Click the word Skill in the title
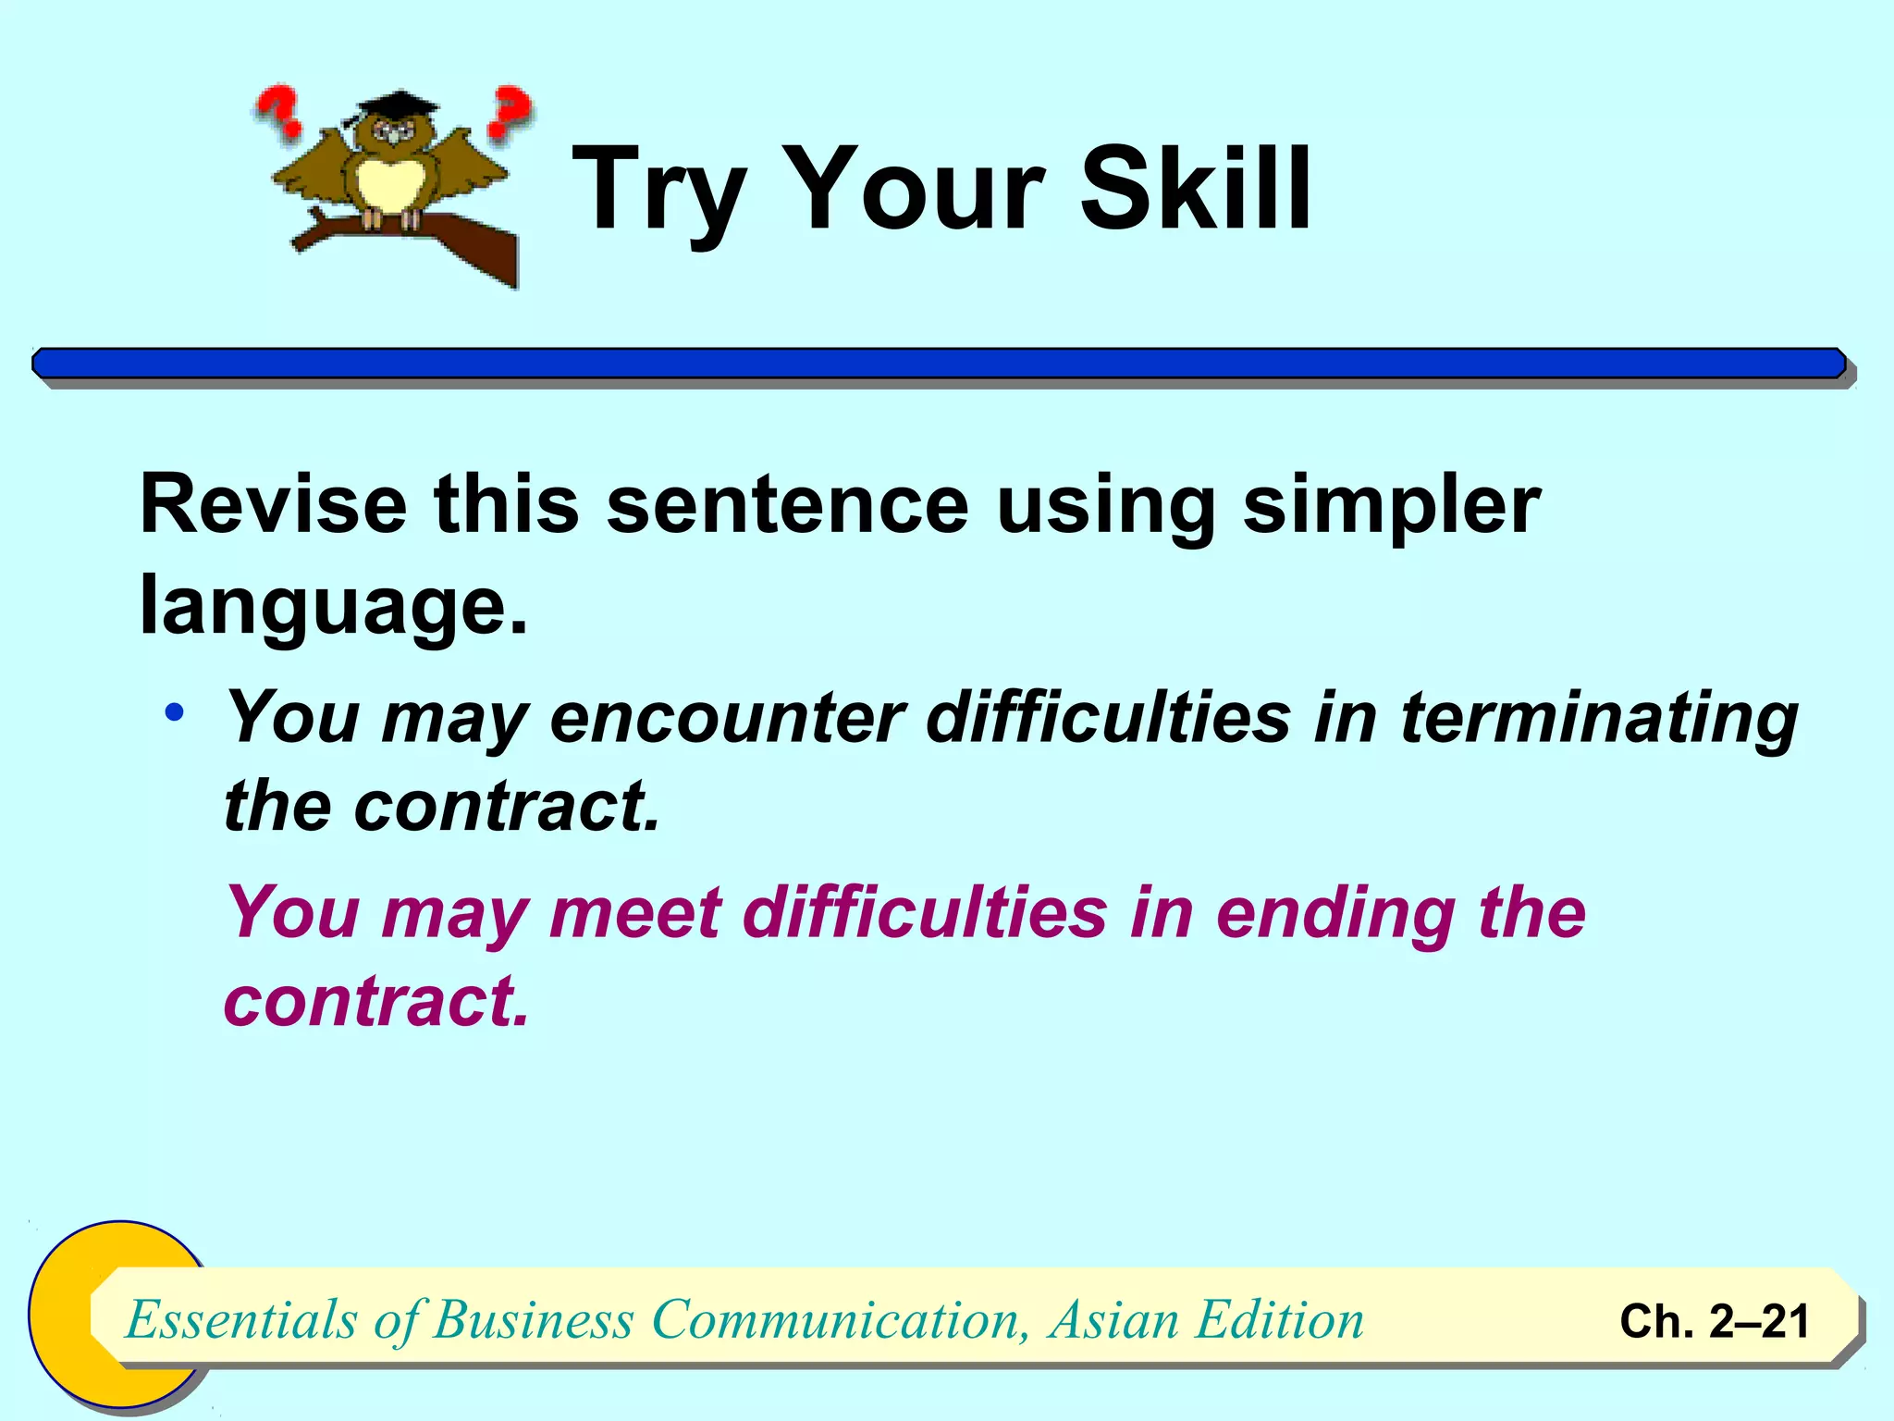[x=1195, y=190]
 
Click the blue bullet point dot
[x=175, y=713]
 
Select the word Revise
[x=273, y=504]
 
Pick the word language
[x=333, y=606]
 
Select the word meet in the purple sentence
[x=634, y=913]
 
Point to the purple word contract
[x=375, y=1002]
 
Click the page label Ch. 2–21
[x=1714, y=1321]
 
